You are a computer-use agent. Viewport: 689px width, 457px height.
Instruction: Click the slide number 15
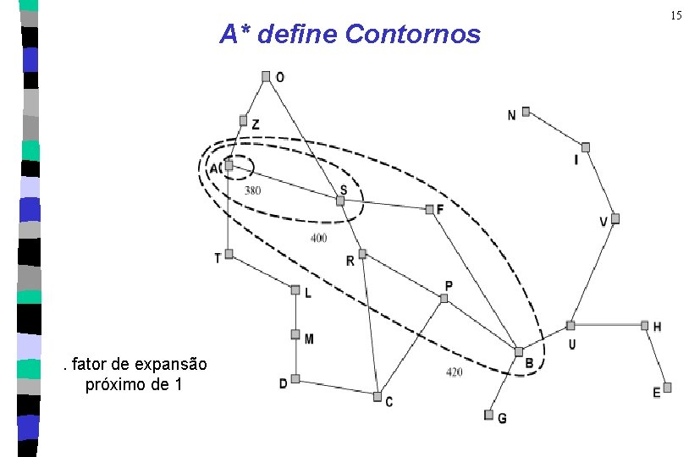(x=675, y=15)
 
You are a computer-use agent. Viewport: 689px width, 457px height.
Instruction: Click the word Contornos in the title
(x=413, y=35)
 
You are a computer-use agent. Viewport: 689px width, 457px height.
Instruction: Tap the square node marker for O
(x=266, y=76)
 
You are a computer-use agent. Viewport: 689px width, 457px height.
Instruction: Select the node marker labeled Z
(x=243, y=120)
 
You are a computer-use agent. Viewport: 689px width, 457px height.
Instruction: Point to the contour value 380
(x=252, y=190)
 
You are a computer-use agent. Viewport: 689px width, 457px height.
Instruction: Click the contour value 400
(x=318, y=238)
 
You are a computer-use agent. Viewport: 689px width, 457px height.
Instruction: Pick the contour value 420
(x=454, y=372)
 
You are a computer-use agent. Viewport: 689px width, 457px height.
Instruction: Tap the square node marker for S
(x=340, y=201)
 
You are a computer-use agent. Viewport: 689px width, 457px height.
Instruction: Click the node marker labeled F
(x=428, y=208)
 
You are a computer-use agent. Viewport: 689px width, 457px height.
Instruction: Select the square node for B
(x=518, y=351)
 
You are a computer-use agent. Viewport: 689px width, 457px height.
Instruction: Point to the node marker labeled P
(x=444, y=298)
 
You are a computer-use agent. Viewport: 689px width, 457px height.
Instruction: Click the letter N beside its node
(x=511, y=115)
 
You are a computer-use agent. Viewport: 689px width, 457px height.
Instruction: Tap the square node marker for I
(x=585, y=146)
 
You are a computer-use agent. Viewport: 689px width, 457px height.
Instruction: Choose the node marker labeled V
(x=615, y=218)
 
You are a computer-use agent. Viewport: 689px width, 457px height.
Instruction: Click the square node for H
(x=644, y=325)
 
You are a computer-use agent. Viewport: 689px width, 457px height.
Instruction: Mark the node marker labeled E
(x=667, y=387)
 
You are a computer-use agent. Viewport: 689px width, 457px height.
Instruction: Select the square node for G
(x=488, y=415)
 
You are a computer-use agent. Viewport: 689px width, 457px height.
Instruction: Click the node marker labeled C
(x=377, y=395)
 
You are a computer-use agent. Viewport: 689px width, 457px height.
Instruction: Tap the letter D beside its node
(x=283, y=383)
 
